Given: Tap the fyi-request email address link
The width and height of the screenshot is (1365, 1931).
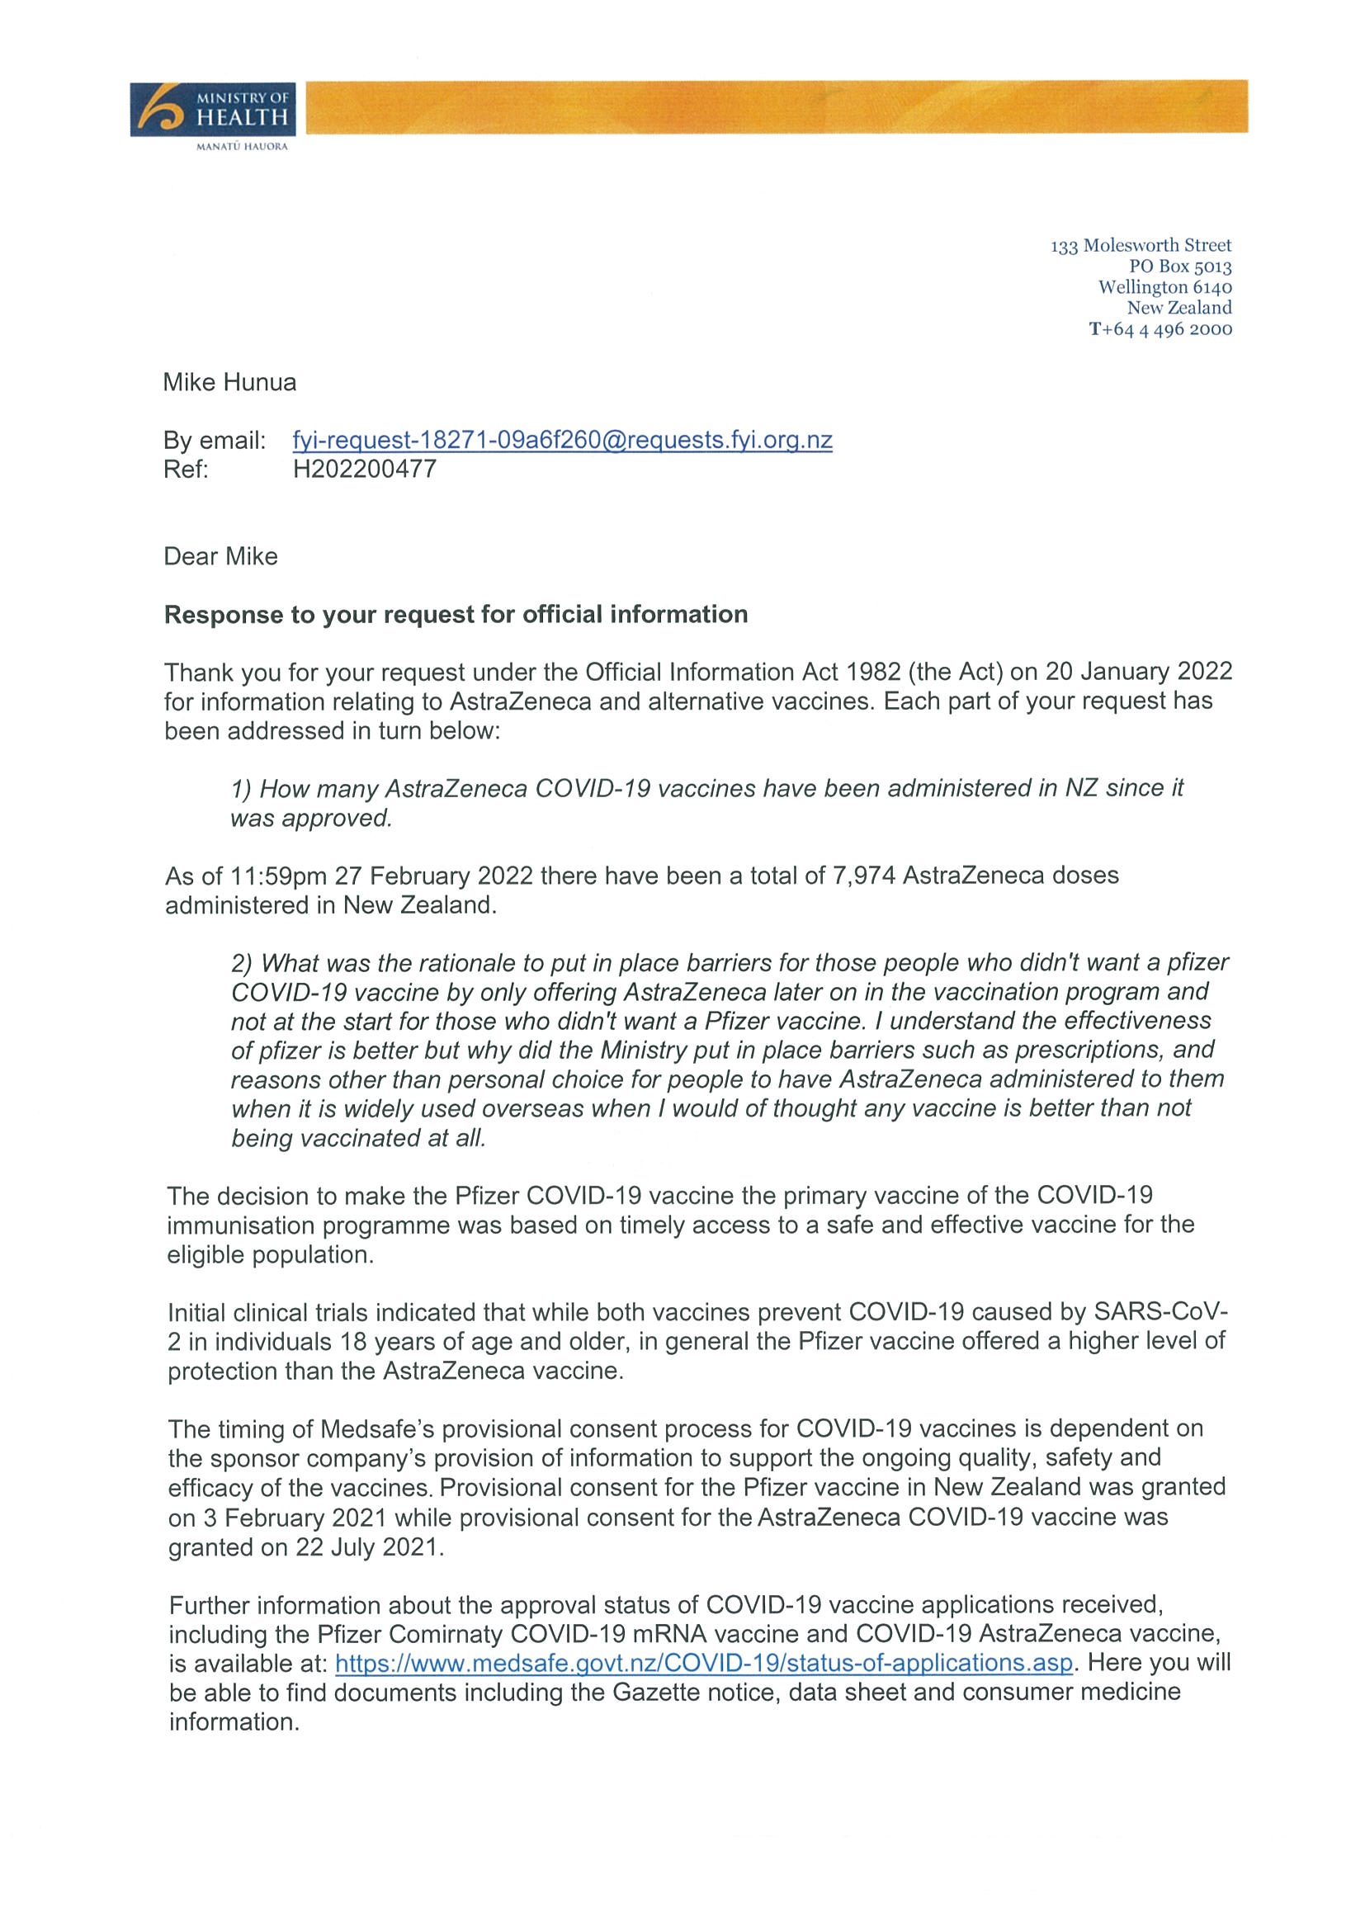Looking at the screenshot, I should click(x=562, y=440).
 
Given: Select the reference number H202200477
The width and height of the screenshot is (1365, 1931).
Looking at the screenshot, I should click(x=364, y=469).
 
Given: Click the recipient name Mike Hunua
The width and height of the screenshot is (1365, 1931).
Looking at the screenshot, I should click(x=229, y=383).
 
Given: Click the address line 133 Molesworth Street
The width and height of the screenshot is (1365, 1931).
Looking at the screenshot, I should click(x=1141, y=246).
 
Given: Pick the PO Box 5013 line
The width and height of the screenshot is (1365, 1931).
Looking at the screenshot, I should click(x=1180, y=267).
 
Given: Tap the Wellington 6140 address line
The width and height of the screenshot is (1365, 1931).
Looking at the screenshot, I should click(x=1164, y=287).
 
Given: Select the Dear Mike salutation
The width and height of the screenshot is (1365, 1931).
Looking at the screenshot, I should click(x=220, y=556).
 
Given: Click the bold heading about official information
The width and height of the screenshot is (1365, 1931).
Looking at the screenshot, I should click(x=456, y=614).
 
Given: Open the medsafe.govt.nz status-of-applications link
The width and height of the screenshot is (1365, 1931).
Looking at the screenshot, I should click(x=704, y=1663).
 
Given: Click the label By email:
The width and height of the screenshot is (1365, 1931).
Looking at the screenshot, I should click(x=215, y=440).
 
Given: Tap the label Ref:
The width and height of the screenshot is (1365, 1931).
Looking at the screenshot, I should click(x=186, y=469).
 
